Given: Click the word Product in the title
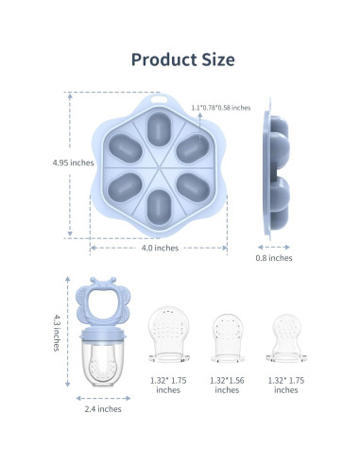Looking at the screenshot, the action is point(163,60).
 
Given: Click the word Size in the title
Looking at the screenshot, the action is point(218,60).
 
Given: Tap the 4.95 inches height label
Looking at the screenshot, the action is point(73,163).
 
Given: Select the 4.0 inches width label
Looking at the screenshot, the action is point(160,248).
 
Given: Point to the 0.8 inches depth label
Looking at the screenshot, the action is point(274,258).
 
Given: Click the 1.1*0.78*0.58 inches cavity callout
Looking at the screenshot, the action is point(221,108).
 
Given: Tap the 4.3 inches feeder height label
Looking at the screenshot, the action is point(57,333).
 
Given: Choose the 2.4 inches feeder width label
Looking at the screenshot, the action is point(103,409).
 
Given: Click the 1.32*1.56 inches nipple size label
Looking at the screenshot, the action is point(227,385).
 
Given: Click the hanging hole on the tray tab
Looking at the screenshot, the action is point(159,99).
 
